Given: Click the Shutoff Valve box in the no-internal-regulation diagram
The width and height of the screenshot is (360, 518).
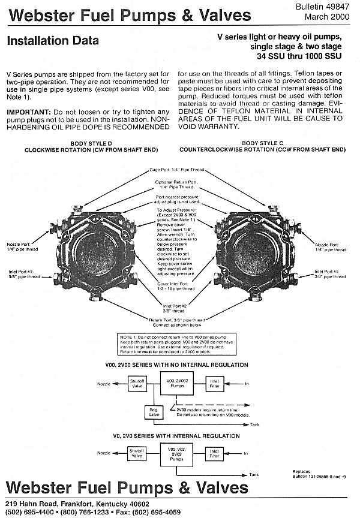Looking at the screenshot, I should click(x=138, y=382).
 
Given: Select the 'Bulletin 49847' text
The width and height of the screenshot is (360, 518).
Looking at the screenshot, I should click(x=329, y=5).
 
